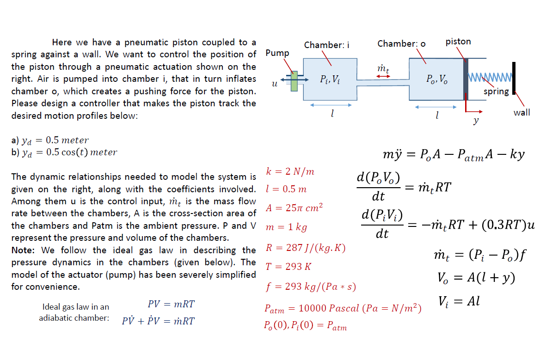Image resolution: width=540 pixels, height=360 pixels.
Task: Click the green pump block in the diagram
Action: tap(294, 81)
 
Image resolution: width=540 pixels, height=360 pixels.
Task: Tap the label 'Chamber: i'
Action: tap(326, 45)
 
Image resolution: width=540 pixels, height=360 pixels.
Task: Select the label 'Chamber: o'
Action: tap(401, 44)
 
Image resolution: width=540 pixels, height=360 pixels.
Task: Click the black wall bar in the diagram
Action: tap(514, 78)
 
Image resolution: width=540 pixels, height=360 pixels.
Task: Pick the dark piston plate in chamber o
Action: tap(466, 79)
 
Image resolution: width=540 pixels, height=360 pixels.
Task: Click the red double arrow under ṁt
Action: tap(383, 76)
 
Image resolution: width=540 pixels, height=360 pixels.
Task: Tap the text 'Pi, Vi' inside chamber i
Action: tap(330, 80)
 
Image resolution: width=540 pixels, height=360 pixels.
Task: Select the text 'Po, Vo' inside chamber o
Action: tap(437, 79)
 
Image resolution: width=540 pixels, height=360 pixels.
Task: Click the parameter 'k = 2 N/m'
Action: tap(290, 171)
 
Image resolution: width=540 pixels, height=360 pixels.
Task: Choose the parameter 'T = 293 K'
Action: tap(288, 266)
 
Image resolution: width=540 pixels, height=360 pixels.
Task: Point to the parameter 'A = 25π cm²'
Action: tap(295, 207)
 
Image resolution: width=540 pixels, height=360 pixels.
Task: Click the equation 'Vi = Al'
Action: tap(459, 301)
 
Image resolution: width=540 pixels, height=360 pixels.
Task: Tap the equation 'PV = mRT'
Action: tap(171, 304)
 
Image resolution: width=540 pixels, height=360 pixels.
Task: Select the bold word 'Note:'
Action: tap(23, 250)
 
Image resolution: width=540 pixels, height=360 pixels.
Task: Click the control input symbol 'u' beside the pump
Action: tap(275, 84)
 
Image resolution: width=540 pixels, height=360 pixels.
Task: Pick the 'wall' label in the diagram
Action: tap(522, 113)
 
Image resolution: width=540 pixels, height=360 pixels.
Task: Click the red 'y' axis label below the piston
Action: tap(476, 120)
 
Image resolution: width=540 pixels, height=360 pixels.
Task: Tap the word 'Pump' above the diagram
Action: tap(277, 53)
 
